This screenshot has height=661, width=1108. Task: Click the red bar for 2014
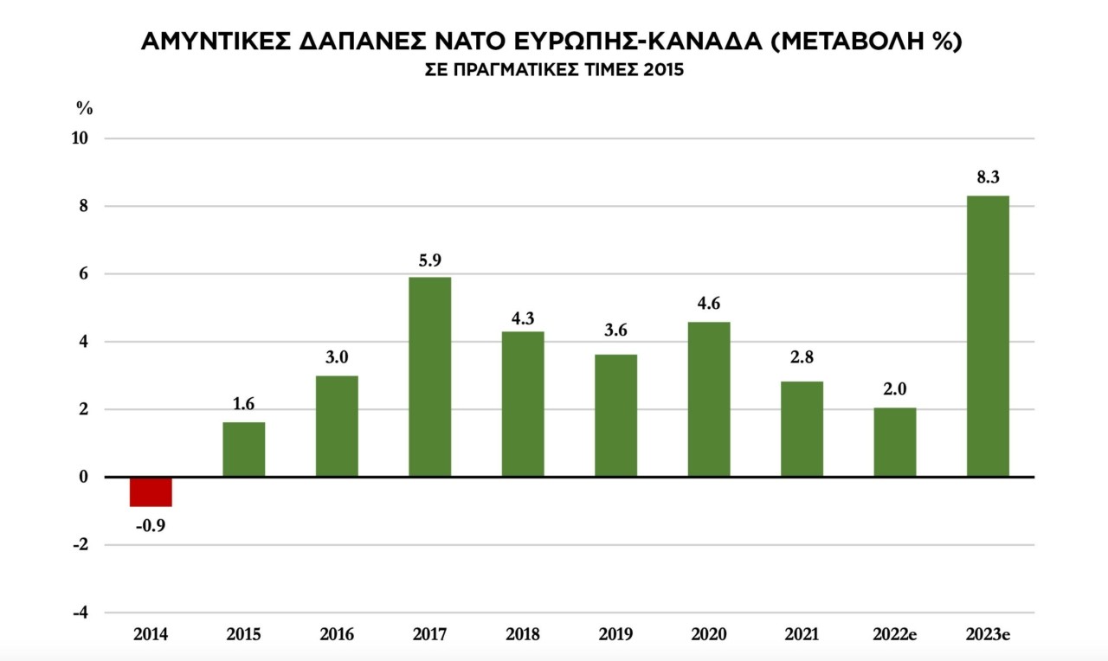pos(151,491)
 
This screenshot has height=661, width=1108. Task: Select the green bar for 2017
pos(429,376)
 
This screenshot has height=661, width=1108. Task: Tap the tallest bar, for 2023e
pos(988,337)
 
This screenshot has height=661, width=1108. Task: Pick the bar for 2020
pos(709,399)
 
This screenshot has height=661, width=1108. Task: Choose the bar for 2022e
pos(894,442)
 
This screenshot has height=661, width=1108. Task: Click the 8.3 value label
pos(988,178)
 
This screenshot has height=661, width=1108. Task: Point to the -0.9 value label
pos(151,525)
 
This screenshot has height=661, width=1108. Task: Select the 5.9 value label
pos(429,260)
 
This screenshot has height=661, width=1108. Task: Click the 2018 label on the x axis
pos(522,635)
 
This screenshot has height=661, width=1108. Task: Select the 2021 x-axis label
pos(802,635)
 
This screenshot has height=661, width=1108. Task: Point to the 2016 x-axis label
pos(337,635)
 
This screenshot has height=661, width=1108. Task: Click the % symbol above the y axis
pos(84,109)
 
